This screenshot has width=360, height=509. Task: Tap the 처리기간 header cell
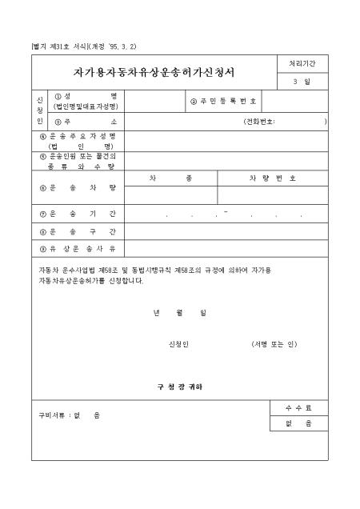(x=302, y=63)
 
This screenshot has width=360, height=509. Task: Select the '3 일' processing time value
(x=302, y=82)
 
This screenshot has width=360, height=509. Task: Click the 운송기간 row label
(x=78, y=214)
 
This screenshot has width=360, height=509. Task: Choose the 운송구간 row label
(x=78, y=231)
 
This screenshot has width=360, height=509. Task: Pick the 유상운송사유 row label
(x=78, y=248)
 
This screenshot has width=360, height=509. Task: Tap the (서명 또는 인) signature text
(x=274, y=344)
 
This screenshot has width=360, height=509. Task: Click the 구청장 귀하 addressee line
(x=179, y=387)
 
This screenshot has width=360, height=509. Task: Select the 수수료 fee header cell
(x=298, y=408)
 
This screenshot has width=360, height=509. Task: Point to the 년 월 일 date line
(x=179, y=313)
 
